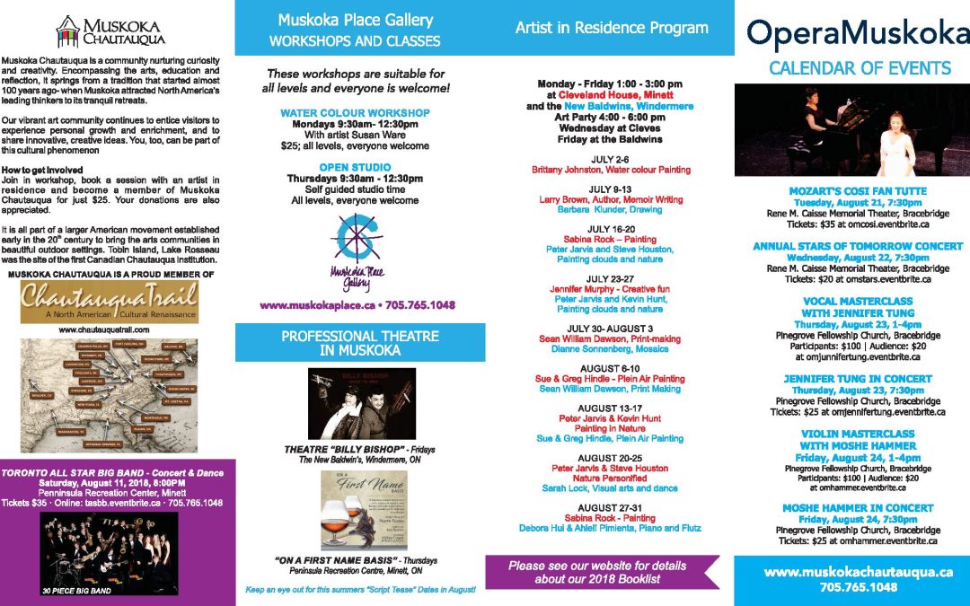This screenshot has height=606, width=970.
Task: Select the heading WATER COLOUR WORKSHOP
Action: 355,113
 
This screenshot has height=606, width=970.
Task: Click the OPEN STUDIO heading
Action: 355,167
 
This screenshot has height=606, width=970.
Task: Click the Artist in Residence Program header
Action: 611,28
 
